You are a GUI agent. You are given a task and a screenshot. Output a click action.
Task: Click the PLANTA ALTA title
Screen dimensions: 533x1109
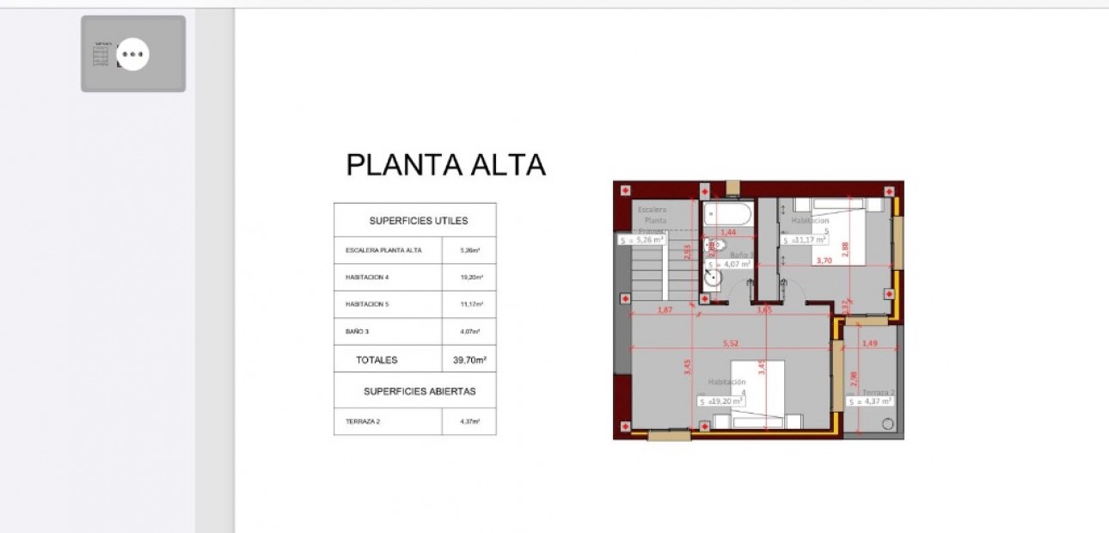[x=445, y=164]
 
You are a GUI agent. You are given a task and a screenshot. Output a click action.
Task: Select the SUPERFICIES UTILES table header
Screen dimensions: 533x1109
[x=419, y=221]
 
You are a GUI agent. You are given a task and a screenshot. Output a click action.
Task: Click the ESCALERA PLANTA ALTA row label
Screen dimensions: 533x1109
[x=383, y=250]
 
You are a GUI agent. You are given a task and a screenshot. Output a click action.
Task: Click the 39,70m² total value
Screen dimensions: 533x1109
[x=469, y=360]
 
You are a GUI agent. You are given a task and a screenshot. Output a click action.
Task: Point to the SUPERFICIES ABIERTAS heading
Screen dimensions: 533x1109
[x=419, y=391]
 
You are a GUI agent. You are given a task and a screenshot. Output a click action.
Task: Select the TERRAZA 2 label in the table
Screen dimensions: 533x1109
[x=362, y=421]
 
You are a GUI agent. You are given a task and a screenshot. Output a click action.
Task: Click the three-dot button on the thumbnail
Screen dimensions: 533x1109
[x=132, y=54]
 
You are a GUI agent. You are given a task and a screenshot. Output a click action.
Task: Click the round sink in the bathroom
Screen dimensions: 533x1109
[x=711, y=279]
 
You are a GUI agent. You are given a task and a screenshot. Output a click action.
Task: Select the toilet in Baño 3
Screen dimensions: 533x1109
[x=712, y=248]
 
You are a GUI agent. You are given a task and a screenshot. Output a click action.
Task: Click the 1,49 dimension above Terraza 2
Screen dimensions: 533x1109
[x=869, y=343]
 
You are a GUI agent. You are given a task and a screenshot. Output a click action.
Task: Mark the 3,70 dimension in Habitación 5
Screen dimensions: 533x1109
[x=824, y=260]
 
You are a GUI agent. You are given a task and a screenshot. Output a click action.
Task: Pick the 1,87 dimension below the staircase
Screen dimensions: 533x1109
[x=664, y=309]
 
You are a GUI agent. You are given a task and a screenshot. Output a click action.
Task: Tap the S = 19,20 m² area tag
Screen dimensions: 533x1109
[x=721, y=401]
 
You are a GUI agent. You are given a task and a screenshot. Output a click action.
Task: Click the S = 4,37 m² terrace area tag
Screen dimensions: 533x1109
[x=871, y=401]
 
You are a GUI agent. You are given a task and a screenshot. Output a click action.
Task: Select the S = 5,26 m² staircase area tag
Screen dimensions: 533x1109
[x=641, y=240]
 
